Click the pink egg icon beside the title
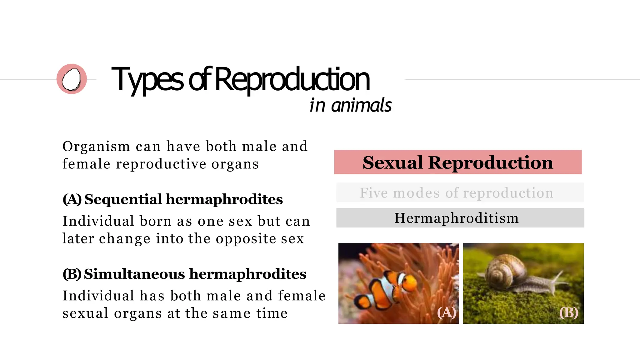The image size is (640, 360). [x=72, y=79]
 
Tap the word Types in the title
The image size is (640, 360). [x=147, y=80]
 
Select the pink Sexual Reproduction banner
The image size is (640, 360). [x=457, y=162]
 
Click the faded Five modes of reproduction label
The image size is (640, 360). [x=457, y=193]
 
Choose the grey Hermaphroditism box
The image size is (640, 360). [x=457, y=218]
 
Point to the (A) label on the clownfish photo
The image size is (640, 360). [x=446, y=312]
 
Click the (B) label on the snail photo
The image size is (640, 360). [x=569, y=312]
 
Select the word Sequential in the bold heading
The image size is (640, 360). [x=123, y=199]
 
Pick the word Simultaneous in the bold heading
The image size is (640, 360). [x=134, y=274]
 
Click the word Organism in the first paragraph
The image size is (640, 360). [x=96, y=147]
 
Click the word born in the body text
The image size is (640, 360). [x=155, y=221]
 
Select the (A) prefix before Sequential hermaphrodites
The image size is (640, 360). [x=72, y=199]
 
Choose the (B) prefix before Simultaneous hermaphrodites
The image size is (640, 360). [x=72, y=274]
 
